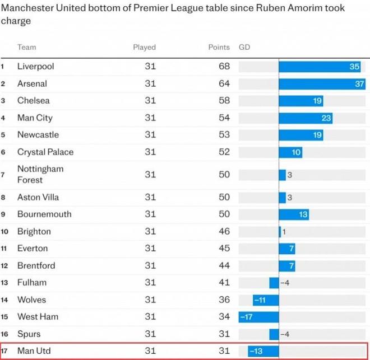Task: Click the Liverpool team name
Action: coord(35,67)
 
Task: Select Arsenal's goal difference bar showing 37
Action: coord(322,84)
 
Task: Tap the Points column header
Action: coord(219,48)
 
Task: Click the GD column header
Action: coord(244,48)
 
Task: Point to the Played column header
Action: coord(144,48)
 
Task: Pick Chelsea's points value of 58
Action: coord(224,101)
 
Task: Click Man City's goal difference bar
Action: coord(306,118)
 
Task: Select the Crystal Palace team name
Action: coord(45,152)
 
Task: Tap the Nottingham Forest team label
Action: coord(40,174)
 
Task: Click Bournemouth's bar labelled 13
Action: coord(294,214)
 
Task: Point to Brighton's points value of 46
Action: coord(224,232)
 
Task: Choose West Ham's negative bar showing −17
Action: coord(258,317)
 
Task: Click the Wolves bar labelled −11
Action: coord(266,300)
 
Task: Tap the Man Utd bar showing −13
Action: coord(263,351)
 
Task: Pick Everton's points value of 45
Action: coord(224,249)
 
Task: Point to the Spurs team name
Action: coord(29,334)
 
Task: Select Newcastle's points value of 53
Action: coord(224,135)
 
